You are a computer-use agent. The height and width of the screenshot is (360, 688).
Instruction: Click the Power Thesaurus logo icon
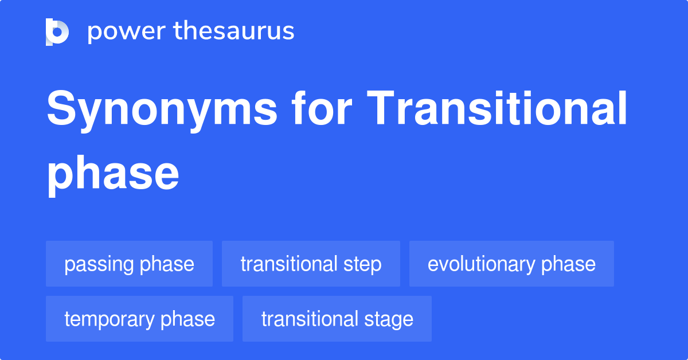click(57, 32)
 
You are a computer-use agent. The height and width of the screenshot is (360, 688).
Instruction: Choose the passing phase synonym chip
click(129, 264)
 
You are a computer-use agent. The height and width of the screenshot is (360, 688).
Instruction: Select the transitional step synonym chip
click(311, 264)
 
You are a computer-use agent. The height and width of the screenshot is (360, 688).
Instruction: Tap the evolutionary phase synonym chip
click(511, 264)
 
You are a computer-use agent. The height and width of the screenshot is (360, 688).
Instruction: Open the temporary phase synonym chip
click(139, 319)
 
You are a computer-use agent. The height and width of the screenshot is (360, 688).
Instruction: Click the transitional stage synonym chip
click(337, 319)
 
